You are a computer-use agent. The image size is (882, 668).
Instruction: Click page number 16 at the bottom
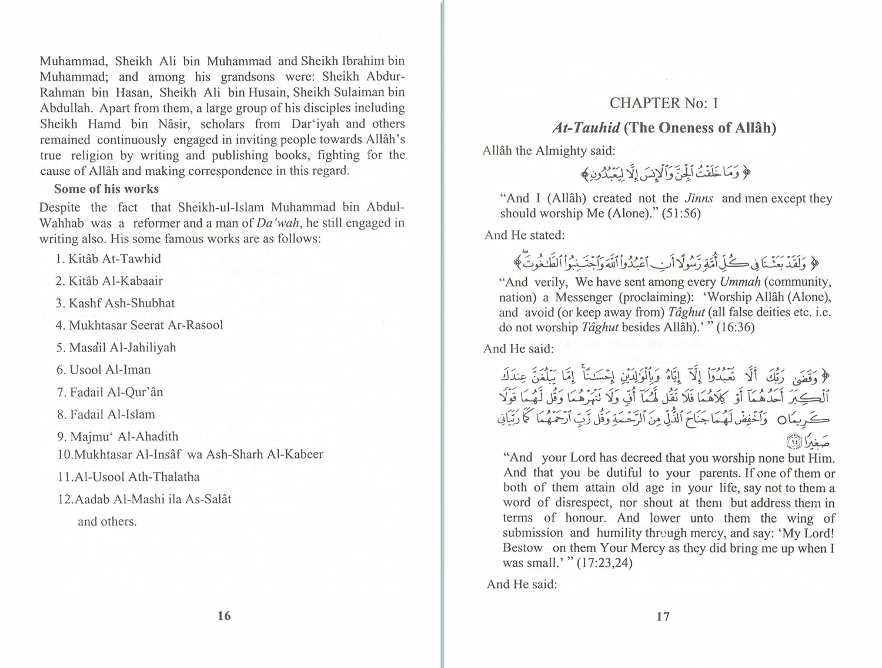coord(224,616)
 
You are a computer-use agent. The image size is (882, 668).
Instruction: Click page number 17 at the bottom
coord(663,616)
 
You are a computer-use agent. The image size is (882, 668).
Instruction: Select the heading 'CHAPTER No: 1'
coord(664,103)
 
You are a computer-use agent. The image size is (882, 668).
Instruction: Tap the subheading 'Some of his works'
coord(106,189)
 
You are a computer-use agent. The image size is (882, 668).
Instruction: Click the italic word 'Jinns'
coord(699,198)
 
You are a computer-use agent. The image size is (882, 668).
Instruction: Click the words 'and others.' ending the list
coord(107,521)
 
